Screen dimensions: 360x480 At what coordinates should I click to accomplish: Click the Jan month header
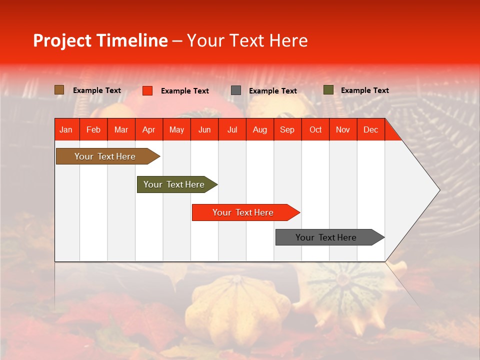[66, 129]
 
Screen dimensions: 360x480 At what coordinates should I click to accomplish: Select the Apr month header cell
[149, 129]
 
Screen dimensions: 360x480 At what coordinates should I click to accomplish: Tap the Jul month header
[232, 129]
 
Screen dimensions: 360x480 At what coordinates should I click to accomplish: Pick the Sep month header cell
[287, 129]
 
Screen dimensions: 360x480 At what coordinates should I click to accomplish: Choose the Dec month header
[370, 129]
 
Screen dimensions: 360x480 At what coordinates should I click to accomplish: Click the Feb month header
[93, 129]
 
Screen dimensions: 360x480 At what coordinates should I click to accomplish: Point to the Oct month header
[315, 129]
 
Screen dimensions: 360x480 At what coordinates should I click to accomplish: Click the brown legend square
[59, 90]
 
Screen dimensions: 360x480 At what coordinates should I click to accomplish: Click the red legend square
[147, 90]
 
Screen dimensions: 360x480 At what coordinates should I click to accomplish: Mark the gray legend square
[236, 90]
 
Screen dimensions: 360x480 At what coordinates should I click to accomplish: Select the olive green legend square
[328, 90]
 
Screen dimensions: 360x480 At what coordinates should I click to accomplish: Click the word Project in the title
[62, 40]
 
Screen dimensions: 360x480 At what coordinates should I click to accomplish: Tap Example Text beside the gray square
[272, 91]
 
